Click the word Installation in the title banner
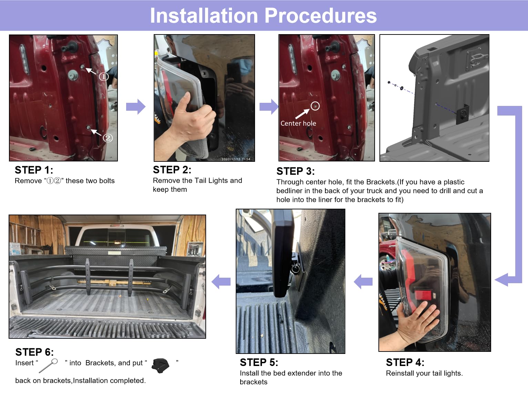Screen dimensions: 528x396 pos(204,16)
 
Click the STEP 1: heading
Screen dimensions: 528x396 pos(34,170)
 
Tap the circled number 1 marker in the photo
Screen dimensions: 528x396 pos(104,77)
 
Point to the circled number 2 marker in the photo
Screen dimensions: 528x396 pos(108,138)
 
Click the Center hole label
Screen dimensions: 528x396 pos(298,123)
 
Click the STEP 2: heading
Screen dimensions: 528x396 pos(172,170)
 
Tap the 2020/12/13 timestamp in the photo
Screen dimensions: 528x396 pos(236,159)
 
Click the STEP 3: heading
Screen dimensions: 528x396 pos(296,171)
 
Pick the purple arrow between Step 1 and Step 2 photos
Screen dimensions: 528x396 pos(136,106)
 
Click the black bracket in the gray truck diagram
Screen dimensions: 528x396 pos(463,114)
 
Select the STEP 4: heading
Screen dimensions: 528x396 pos(405,362)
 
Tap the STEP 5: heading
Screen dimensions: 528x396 pos(259,362)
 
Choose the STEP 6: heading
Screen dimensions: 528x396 pos(35,352)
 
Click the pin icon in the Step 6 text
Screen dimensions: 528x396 pos(48,366)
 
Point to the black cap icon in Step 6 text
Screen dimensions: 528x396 pos(161,366)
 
